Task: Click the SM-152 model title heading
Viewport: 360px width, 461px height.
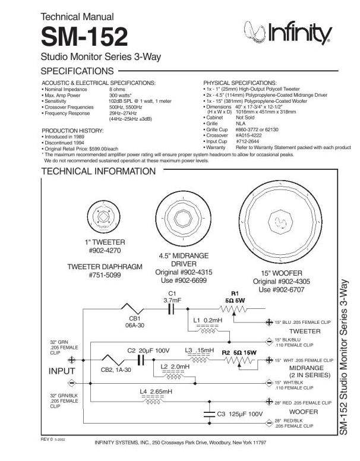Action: click(x=84, y=37)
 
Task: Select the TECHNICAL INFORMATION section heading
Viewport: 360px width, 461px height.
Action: click(x=97, y=172)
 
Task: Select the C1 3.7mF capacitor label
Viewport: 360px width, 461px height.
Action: click(x=172, y=297)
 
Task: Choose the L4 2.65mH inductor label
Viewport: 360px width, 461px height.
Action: click(x=156, y=391)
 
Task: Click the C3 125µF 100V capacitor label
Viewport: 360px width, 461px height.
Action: click(x=239, y=413)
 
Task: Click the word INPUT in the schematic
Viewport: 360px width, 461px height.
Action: click(x=62, y=371)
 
